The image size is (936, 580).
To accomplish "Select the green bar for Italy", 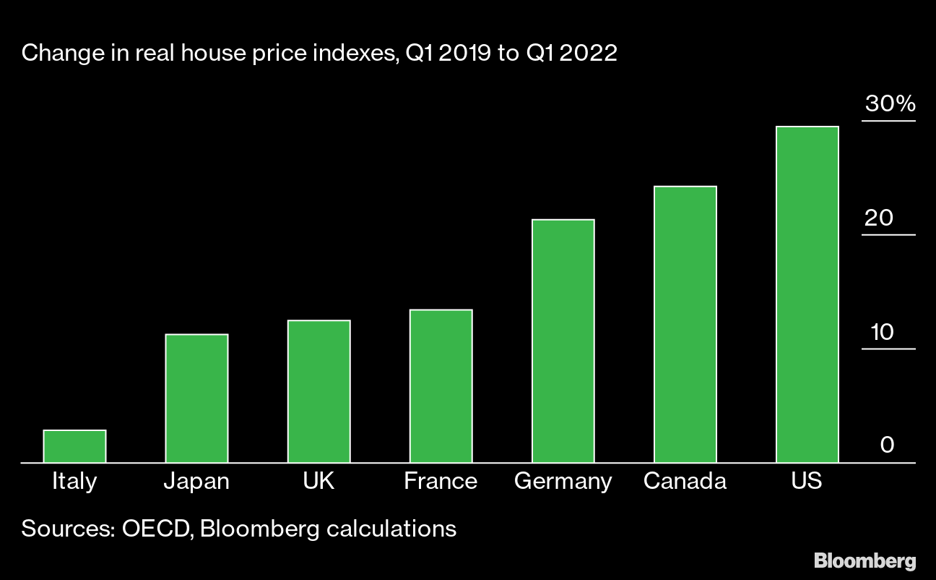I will click(74, 446).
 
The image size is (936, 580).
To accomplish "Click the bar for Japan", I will click(196, 398).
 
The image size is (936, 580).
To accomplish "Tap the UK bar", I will click(318, 391).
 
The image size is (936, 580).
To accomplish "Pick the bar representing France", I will click(441, 385).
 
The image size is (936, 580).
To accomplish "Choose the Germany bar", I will click(563, 341).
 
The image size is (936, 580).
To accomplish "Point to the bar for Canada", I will click(685, 324).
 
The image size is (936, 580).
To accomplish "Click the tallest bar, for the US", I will click(807, 294).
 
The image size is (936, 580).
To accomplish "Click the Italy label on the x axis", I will click(74, 481).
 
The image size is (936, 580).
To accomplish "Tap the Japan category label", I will click(196, 481).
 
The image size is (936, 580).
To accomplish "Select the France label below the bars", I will click(441, 481).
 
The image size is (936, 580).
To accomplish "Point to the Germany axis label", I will click(563, 482).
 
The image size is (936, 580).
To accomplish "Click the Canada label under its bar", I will click(685, 481).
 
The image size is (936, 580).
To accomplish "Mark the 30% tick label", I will click(890, 104).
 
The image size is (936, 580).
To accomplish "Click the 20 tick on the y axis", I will click(880, 218).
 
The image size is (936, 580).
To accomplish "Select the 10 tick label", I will click(882, 332).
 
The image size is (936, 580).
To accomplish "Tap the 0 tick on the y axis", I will click(888, 445).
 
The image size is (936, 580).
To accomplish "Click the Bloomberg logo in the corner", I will click(864, 560).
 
